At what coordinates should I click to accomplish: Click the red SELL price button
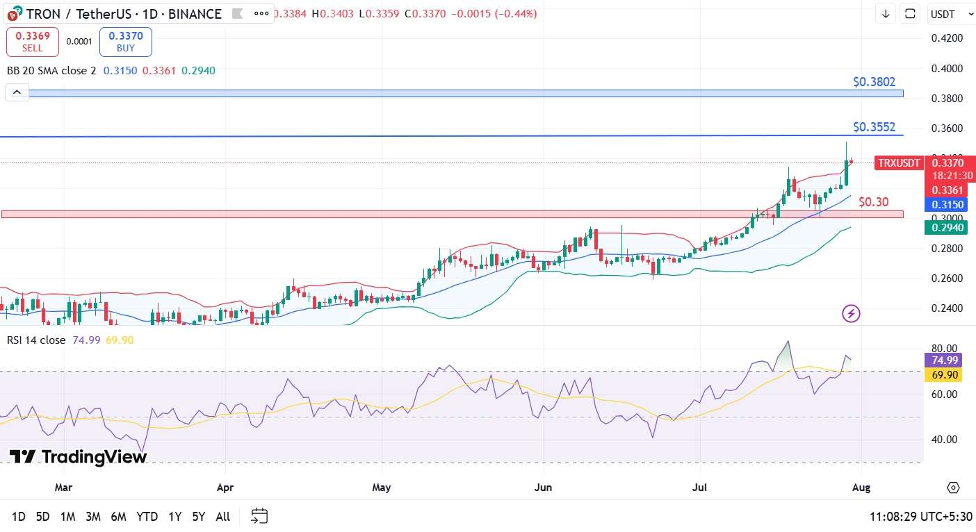click(x=33, y=42)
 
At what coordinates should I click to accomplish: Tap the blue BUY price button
click(x=125, y=42)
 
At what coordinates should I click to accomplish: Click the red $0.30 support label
click(x=873, y=202)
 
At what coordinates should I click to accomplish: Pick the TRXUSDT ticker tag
click(x=899, y=163)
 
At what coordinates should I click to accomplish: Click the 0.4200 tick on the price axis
click(x=948, y=38)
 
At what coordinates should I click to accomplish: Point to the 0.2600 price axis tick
click(x=948, y=279)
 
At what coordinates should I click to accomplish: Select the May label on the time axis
click(x=382, y=487)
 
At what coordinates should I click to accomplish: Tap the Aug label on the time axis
click(x=861, y=487)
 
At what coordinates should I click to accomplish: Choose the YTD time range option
click(x=147, y=517)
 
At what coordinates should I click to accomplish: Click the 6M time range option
click(x=118, y=517)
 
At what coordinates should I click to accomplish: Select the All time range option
click(x=222, y=517)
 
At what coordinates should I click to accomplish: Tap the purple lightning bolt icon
click(x=852, y=314)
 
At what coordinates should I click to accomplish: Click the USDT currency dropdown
click(x=947, y=14)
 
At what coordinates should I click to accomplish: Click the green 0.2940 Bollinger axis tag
click(x=946, y=227)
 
